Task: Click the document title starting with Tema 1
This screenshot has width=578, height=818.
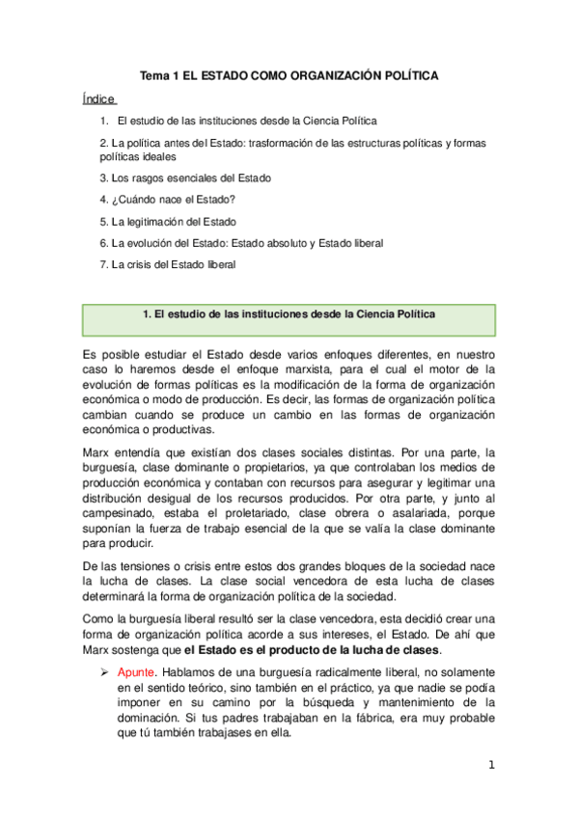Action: pyautogui.click(x=289, y=74)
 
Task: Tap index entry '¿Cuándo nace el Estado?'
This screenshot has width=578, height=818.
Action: pyautogui.click(x=167, y=200)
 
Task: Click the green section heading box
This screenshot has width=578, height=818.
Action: pyautogui.click(x=289, y=316)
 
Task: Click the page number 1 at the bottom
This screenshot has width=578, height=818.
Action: pyautogui.click(x=491, y=766)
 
